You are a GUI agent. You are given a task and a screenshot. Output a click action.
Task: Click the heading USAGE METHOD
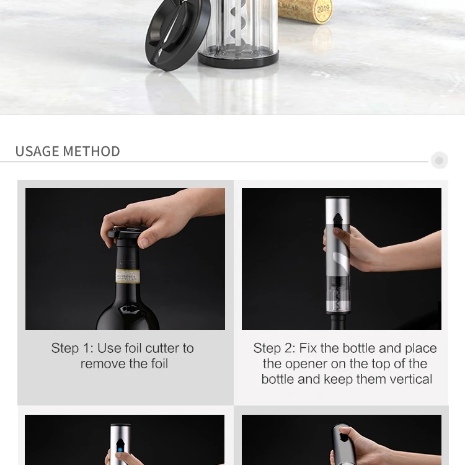point(68,151)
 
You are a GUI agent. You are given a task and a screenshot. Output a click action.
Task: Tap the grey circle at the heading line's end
point(439,161)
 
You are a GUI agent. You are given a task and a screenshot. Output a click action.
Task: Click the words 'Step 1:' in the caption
point(73,348)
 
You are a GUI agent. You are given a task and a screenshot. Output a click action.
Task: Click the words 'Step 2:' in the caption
point(275,348)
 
